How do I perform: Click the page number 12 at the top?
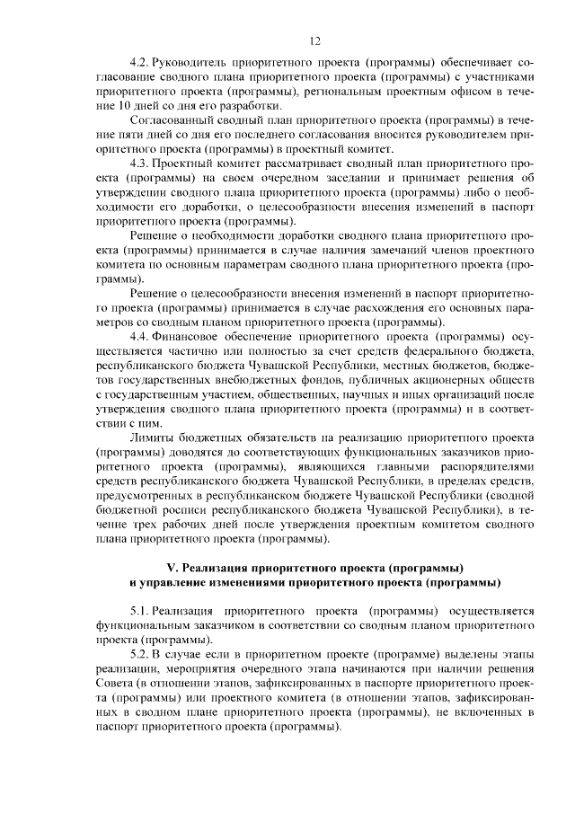(x=314, y=40)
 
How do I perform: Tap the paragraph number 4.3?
(x=139, y=163)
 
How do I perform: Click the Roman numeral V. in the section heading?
(x=173, y=568)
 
